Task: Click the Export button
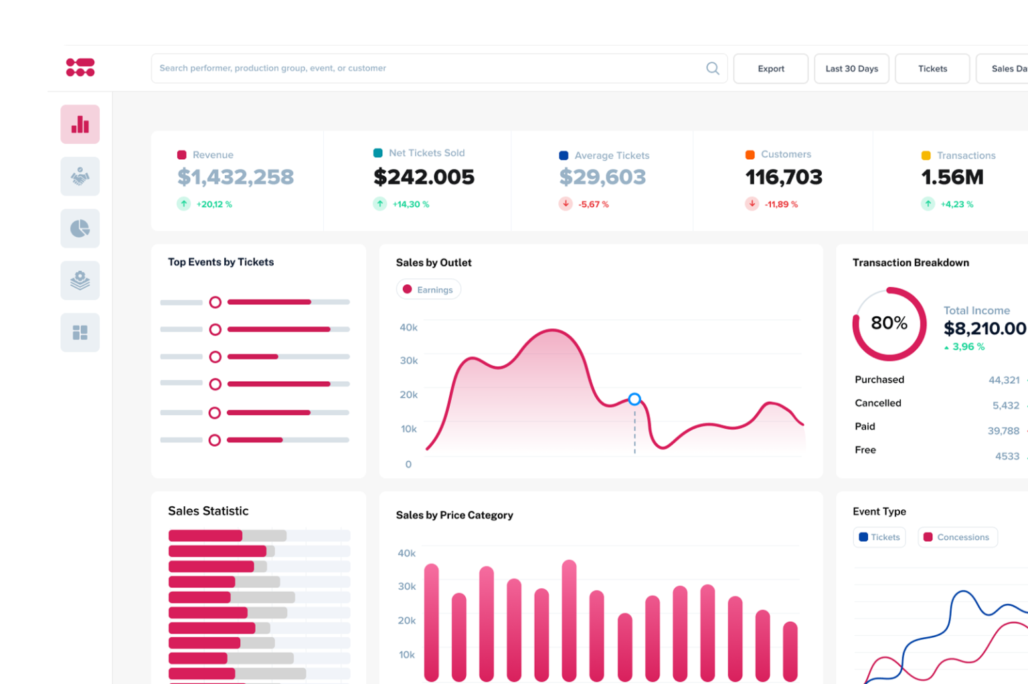pyautogui.click(x=770, y=69)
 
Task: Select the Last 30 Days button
pyautogui.click(x=851, y=69)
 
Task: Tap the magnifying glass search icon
pyautogui.click(x=713, y=68)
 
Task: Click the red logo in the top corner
pyautogui.click(x=80, y=67)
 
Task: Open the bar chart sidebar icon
pyautogui.click(x=80, y=124)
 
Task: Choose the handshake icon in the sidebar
pyautogui.click(x=80, y=177)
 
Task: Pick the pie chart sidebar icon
pyautogui.click(x=80, y=229)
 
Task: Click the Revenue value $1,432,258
pyautogui.click(x=236, y=177)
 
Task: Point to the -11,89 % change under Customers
pyautogui.click(x=781, y=205)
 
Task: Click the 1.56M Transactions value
pyautogui.click(x=952, y=177)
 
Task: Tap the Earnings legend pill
pyautogui.click(x=428, y=290)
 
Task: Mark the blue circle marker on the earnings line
pyautogui.click(x=634, y=399)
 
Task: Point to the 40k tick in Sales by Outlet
pyautogui.click(x=408, y=328)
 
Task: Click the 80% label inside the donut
pyautogui.click(x=889, y=324)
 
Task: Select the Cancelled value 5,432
pyautogui.click(x=1005, y=406)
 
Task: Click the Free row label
pyautogui.click(x=865, y=450)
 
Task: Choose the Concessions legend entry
pyautogui.click(x=957, y=537)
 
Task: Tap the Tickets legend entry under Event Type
pyautogui.click(x=879, y=537)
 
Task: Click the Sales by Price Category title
pyautogui.click(x=454, y=515)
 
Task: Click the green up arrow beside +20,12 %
pyautogui.click(x=184, y=204)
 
